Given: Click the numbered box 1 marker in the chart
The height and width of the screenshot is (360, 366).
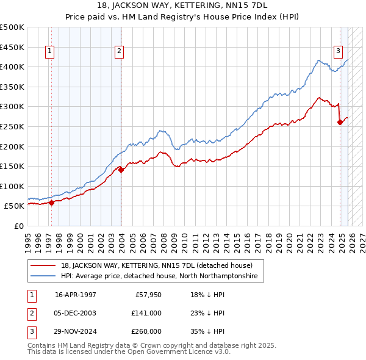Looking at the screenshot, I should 49,51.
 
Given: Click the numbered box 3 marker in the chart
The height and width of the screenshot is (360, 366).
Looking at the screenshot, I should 337,51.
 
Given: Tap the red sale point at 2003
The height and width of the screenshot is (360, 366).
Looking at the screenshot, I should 121,170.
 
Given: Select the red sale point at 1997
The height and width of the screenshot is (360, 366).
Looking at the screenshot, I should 51,203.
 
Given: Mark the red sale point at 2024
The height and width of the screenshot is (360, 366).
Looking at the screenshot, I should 340,123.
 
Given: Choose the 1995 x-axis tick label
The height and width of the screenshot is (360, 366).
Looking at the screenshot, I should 28,240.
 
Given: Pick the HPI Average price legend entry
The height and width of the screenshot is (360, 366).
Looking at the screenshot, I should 159,276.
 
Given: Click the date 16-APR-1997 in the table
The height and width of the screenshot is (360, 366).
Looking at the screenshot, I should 75,294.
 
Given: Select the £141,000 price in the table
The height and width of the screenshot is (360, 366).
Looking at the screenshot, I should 147,313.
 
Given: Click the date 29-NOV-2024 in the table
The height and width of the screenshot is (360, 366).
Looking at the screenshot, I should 75,332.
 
